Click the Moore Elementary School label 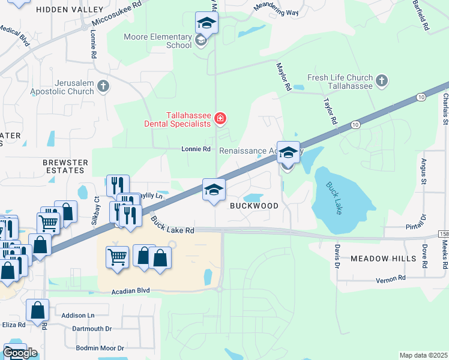click(x=158, y=41)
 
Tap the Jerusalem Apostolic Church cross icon click(x=103, y=86)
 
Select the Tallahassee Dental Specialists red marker click(x=220, y=119)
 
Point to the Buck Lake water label click(x=334, y=199)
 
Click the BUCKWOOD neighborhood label click(x=255, y=206)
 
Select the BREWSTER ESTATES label click(x=65, y=166)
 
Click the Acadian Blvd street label click(x=130, y=290)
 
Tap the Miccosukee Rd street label click(x=117, y=13)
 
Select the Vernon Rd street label click(x=391, y=279)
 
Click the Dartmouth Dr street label click(x=92, y=329)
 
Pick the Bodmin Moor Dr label click(x=100, y=348)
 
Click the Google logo click(x=20, y=353)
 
